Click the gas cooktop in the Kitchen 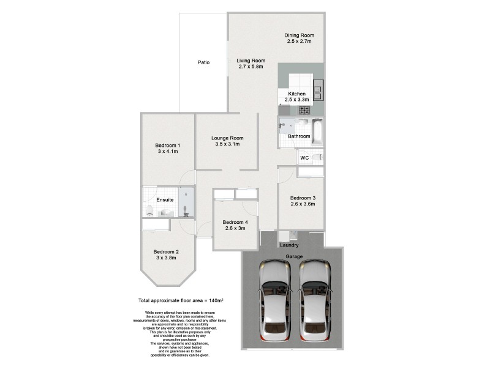pyautogui.click(x=304, y=110)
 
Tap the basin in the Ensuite pyautogui.click(x=165, y=212)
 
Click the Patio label pyautogui.click(x=204, y=62)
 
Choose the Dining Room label pyautogui.click(x=299, y=35)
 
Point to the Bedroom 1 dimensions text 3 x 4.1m pyautogui.click(x=167, y=151)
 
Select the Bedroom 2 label pyautogui.click(x=166, y=251)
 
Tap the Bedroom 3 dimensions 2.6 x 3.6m pyautogui.click(x=303, y=204)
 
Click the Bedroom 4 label pyautogui.click(x=235, y=221)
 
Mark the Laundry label pyautogui.click(x=289, y=245)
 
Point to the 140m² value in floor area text pyautogui.click(x=214, y=302)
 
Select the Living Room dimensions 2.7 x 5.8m pyautogui.click(x=251, y=67)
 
